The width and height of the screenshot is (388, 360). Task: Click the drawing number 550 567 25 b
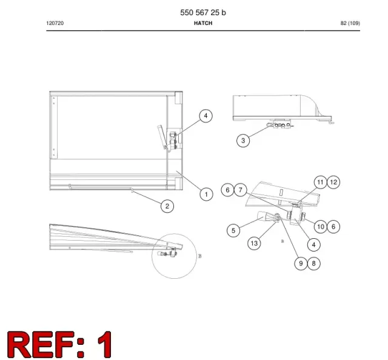point(203,13)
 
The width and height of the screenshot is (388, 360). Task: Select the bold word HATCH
point(203,23)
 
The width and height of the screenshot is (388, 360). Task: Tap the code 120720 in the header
point(55,23)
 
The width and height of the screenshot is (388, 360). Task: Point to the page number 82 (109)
point(350,23)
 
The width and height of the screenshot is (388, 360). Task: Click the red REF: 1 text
point(59,344)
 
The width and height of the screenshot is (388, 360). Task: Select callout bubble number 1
point(206,194)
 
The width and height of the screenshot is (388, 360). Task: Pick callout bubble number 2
point(167,206)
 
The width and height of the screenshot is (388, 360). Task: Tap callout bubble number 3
point(243,141)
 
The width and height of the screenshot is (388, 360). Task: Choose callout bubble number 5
point(233,230)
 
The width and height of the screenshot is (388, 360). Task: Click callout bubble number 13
point(254,243)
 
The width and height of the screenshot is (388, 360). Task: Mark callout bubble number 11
point(321,182)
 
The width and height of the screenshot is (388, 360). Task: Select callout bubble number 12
point(333,182)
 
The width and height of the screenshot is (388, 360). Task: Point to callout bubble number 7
point(240,190)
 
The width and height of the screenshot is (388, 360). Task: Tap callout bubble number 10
point(321,227)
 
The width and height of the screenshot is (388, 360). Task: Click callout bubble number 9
point(301,263)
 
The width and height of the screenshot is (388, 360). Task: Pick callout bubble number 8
point(314,263)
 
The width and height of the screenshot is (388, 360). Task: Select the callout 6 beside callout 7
point(227,190)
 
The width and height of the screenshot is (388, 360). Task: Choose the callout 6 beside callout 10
point(333,227)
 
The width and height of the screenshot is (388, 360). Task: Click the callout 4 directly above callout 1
point(206,116)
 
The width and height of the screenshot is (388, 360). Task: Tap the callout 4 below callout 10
point(314,245)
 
